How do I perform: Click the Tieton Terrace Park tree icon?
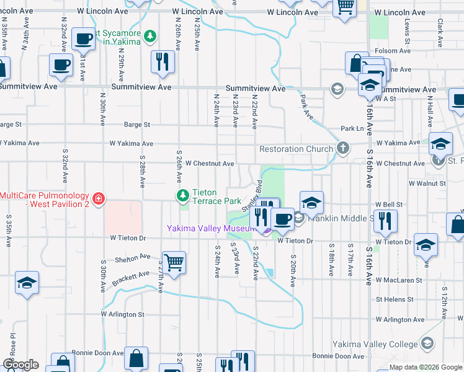tap(183, 196)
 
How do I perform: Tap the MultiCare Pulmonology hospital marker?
tap(99, 199)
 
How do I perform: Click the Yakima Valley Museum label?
tap(212, 228)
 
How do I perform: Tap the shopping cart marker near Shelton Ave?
tap(174, 262)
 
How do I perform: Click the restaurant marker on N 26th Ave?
tap(163, 61)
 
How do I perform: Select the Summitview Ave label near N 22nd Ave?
tap(256, 89)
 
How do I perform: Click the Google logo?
tap(20, 365)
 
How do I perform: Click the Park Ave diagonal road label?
tap(305, 107)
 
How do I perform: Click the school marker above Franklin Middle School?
tap(311, 202)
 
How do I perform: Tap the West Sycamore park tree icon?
tap(150, 36)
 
